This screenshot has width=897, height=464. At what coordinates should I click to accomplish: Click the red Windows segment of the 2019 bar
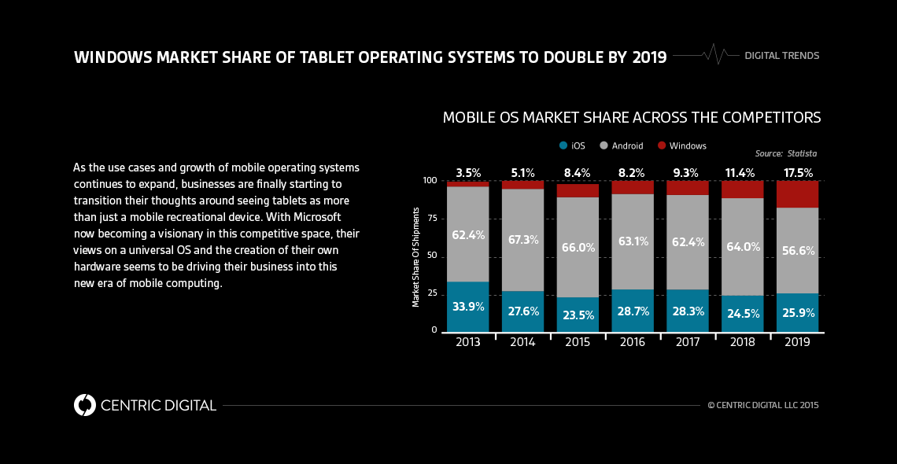[797, 194]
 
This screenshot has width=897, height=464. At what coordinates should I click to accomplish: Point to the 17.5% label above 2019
[797, 173]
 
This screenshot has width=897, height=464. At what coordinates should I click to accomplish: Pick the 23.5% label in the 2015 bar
[577, 315]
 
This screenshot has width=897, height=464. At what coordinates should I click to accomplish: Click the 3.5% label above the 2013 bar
[467, 173]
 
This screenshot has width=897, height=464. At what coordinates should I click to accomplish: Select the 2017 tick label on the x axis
[687, 342]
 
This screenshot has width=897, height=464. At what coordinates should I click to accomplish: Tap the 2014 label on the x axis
[522, 342]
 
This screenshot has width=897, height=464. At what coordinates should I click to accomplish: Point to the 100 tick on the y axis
[430, 180]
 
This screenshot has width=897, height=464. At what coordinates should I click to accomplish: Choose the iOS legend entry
[572, 145]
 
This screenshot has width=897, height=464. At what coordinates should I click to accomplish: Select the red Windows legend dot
[662, 145]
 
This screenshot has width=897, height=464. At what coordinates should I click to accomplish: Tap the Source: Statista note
[785, 153]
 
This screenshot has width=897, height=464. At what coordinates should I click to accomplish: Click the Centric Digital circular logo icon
[84, 405]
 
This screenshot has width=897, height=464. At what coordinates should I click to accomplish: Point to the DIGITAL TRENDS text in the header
[781, 56]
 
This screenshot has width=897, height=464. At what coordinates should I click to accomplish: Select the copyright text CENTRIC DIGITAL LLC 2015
[763, 405]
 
